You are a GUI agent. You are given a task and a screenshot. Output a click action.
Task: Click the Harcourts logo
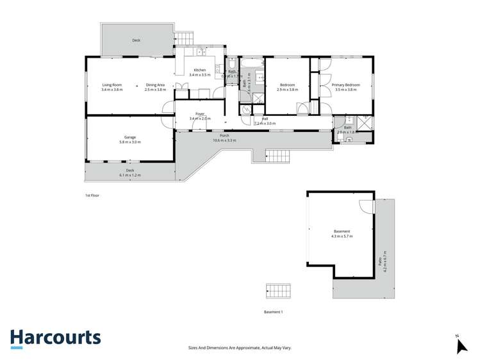tap(55, 338)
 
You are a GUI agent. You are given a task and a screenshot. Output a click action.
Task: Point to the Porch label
tap(224, 136)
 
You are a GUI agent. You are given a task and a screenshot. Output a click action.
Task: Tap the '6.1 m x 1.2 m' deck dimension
tap(129, 175)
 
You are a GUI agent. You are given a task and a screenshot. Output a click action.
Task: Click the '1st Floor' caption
tap(92, 195)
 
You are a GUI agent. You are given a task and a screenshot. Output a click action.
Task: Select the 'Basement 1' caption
tap(273, 311)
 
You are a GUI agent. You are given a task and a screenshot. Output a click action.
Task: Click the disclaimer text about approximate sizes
tap(240, 347)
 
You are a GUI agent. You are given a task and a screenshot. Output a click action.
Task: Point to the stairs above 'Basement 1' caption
tap(277, 291)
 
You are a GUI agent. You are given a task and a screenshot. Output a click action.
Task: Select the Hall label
tap(265, 119)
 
